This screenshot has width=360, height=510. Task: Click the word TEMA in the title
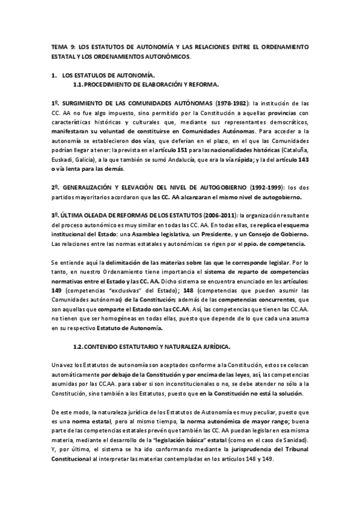pos(59,46)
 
